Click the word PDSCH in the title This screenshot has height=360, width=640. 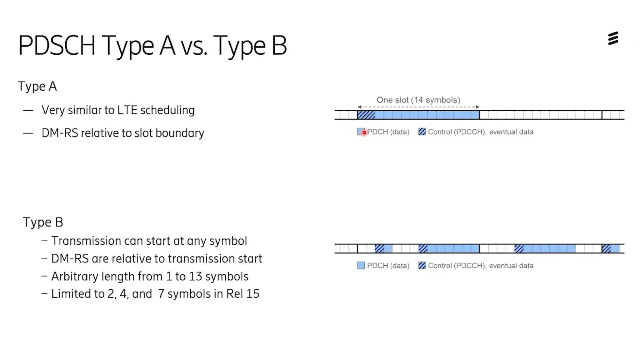(x=57, y=46)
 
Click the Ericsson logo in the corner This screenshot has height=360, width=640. (x=613, y=38)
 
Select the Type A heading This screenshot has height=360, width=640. (x=37, y=87)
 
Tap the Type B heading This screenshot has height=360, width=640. (x=43, y=222)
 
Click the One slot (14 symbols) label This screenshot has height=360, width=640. (x=418, y=100)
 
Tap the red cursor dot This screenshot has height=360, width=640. (x=364, y=132)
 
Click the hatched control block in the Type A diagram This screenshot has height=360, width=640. (x=366, y=115)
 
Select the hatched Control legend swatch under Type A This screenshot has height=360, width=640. (x=422, y=132)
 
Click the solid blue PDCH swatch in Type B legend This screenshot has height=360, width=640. (x=361, y=266)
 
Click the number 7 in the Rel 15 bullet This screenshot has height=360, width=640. (x=161, y=294)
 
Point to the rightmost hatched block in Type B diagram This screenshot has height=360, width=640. (x=606, y=249)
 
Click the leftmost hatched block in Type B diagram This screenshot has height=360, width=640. (x=379, y=249)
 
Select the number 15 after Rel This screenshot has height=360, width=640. (x=253, y=294)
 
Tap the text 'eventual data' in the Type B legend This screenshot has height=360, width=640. (x=511, y=266)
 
